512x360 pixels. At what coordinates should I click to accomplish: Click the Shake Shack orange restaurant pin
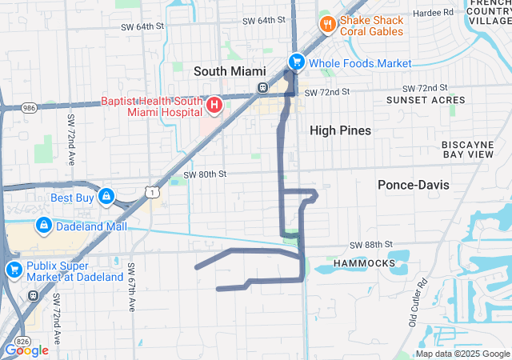pyautogui.click(x=326, y=25)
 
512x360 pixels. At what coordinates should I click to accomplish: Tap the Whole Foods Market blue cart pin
pyautogui.click(x=296, y=62)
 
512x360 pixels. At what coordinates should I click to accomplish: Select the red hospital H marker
pyautogui.click(x=214, y=105)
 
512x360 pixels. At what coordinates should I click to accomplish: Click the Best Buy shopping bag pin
pyautogui.click(x=106, y=196)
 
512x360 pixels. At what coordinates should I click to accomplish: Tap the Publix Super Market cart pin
pyautogui.click(x=13, y=270)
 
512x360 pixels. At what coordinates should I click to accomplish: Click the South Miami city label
pyautogui.click(x=229, y=71)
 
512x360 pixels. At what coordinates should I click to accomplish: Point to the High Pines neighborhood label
pyautogui.click(x=340, y=130)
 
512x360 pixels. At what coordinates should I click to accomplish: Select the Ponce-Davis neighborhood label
pyautogui.click(x=413, y=185)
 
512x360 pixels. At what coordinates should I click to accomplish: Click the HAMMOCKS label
pyautogui.click(x=366, y=262)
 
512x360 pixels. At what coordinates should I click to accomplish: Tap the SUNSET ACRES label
pyautogui.click(x=426, y=100)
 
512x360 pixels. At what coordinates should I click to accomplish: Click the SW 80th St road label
pyautogui.click(x=205, y=174)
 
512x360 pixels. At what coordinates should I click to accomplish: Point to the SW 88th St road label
pyautogui.click(x=370, y=244)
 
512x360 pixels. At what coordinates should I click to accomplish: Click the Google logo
pyautogui.click(x=26, y=350)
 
